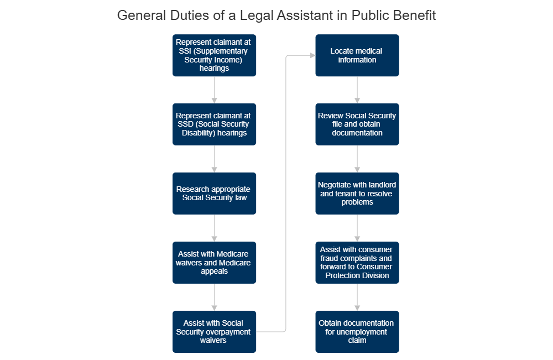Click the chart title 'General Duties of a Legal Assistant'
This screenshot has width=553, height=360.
(x=276, y=15)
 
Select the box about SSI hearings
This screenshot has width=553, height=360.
(x=214, y=55)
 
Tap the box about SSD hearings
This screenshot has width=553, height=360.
(x=214, y=124)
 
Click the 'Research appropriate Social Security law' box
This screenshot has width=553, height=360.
(x=214, y=193)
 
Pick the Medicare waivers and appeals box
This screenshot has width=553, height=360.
(x=214, y=262)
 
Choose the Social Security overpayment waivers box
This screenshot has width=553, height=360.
(x=214, y=331)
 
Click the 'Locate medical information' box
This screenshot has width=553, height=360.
(x=357, y=55)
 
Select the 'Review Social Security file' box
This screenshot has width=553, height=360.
(x=357, y=124)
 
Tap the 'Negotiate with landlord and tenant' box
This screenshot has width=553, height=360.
(x=357, y=193)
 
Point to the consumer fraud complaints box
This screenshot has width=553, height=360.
(x=357, y=262)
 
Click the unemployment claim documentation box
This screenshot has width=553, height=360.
(x=357, y=331)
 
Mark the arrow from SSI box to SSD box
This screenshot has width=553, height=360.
(x=214, y=90)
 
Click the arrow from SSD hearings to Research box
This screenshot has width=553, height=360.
(x=214, y=159)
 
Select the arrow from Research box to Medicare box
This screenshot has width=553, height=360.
(x=214, y=228)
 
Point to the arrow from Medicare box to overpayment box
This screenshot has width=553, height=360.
(x=214, y=297)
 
